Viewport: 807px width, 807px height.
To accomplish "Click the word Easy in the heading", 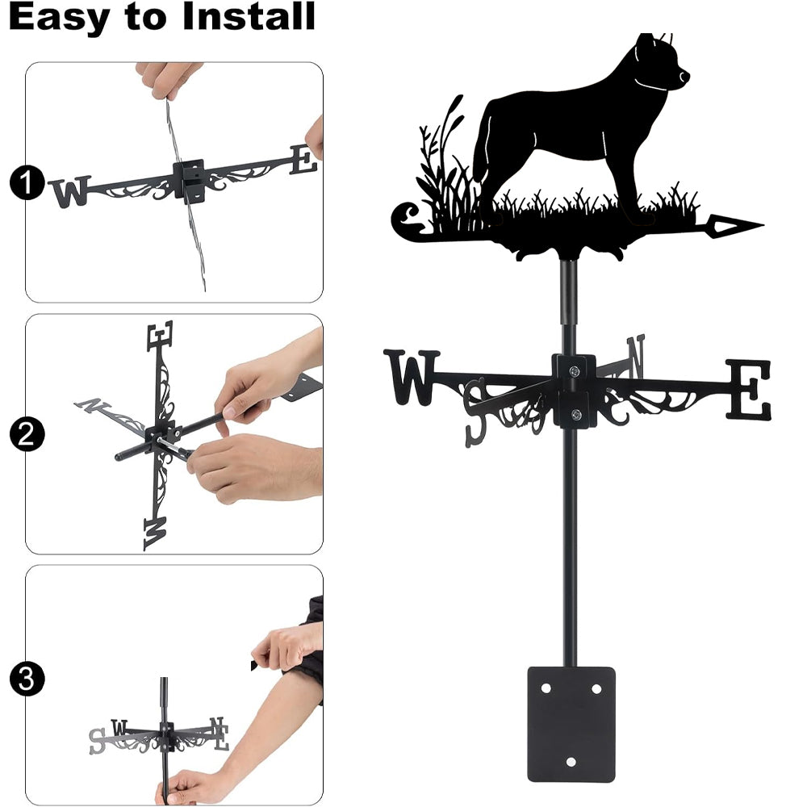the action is point(58,17).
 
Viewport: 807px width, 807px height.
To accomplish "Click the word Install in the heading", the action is point(249,16).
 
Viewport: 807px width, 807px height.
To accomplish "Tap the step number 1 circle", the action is point(27,182).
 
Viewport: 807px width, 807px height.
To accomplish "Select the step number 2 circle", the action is point(27,434).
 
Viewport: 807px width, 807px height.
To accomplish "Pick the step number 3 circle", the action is point(27,679).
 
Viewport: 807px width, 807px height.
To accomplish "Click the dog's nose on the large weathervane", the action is point(684,76).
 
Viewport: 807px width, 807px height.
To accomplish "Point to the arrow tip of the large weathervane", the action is point(763,225).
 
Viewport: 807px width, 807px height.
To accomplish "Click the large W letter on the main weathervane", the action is point(412,377).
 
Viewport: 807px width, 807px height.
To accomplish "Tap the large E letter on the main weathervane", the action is point(749,390).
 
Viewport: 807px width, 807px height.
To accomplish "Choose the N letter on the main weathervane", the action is point(636,356).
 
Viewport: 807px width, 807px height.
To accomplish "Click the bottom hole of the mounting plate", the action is point(571,762).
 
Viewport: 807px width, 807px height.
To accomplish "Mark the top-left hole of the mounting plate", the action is point(546,688).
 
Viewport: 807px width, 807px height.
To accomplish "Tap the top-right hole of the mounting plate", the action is point(597,688).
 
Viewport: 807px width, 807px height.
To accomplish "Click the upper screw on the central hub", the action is point(575,370).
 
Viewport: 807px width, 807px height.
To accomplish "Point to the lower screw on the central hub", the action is point(576,414).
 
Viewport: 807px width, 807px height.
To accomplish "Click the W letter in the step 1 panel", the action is point(70,191).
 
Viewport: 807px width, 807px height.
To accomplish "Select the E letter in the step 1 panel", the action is point(303,159).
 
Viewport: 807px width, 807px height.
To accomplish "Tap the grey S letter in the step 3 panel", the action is point(97,741).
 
